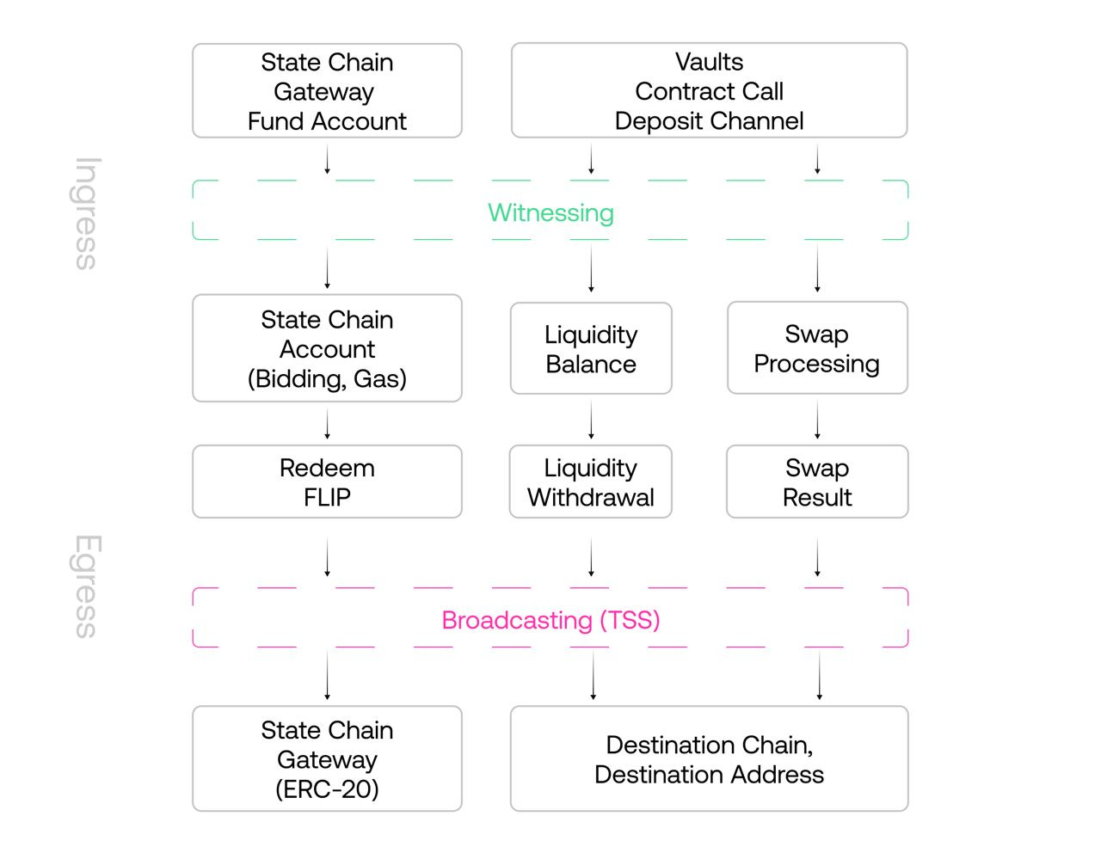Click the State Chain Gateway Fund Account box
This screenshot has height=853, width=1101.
click(327, 91)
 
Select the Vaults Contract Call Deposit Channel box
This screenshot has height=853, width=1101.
click(709, 91)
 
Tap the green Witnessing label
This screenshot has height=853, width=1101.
click(550, 212)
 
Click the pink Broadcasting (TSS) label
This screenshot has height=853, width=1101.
click(550, 620)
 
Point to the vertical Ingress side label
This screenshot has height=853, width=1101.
click(86, 213)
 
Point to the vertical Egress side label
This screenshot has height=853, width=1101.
click(86, 586)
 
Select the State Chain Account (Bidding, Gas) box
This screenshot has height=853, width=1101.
click(327, 348)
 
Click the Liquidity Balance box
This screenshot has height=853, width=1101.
click(591, 349)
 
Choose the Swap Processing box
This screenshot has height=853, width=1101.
click(817, 348)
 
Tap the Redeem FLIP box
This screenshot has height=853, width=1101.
click(327, 482)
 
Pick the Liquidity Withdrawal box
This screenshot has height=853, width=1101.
click(591, 482)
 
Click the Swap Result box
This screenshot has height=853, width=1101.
click(817, 482)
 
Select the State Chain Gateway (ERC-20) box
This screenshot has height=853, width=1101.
click(327, 759)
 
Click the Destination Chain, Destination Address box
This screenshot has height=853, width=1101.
click(709, 759)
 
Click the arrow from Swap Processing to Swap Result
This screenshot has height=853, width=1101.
click(817, 420)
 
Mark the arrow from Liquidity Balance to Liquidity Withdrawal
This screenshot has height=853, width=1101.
click(591, 420)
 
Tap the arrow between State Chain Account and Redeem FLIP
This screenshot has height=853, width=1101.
click(327, 424)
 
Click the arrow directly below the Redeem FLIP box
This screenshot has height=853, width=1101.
click(327, 557)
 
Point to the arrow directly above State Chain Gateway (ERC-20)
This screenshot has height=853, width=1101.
click(327, 676)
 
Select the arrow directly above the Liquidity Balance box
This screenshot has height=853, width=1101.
click(591, 270)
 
